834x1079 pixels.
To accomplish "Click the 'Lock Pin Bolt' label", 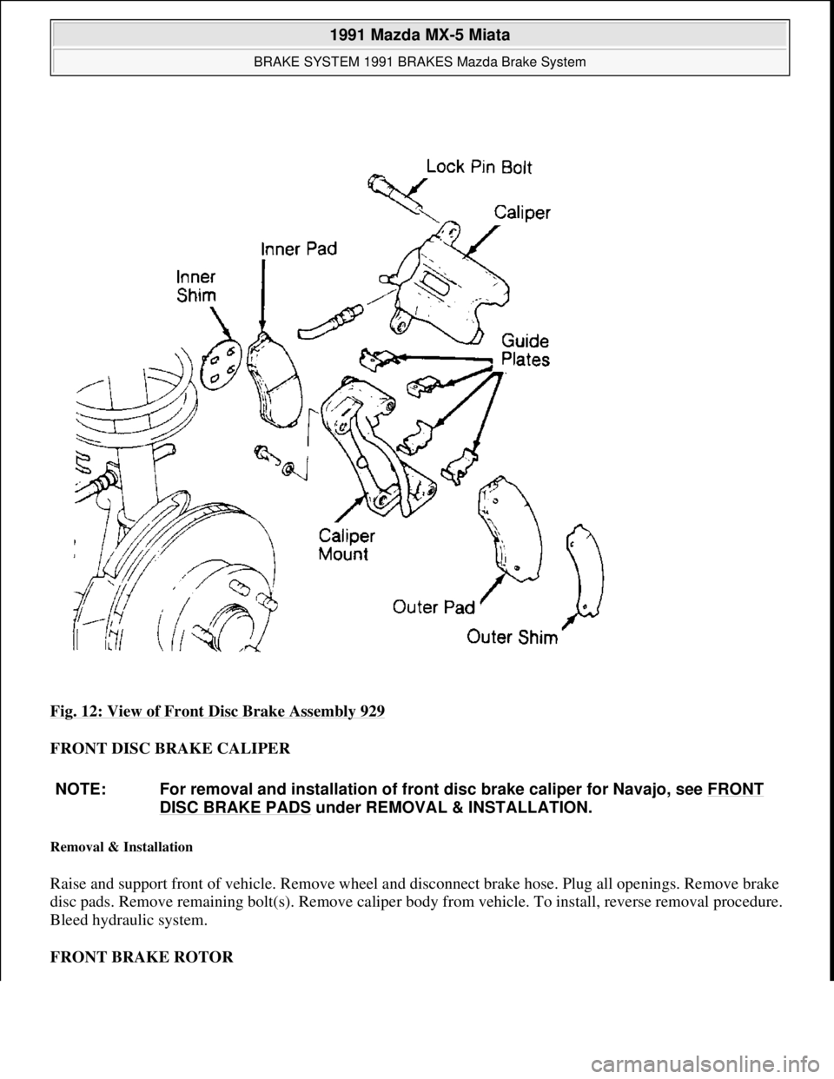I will (479, 167).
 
